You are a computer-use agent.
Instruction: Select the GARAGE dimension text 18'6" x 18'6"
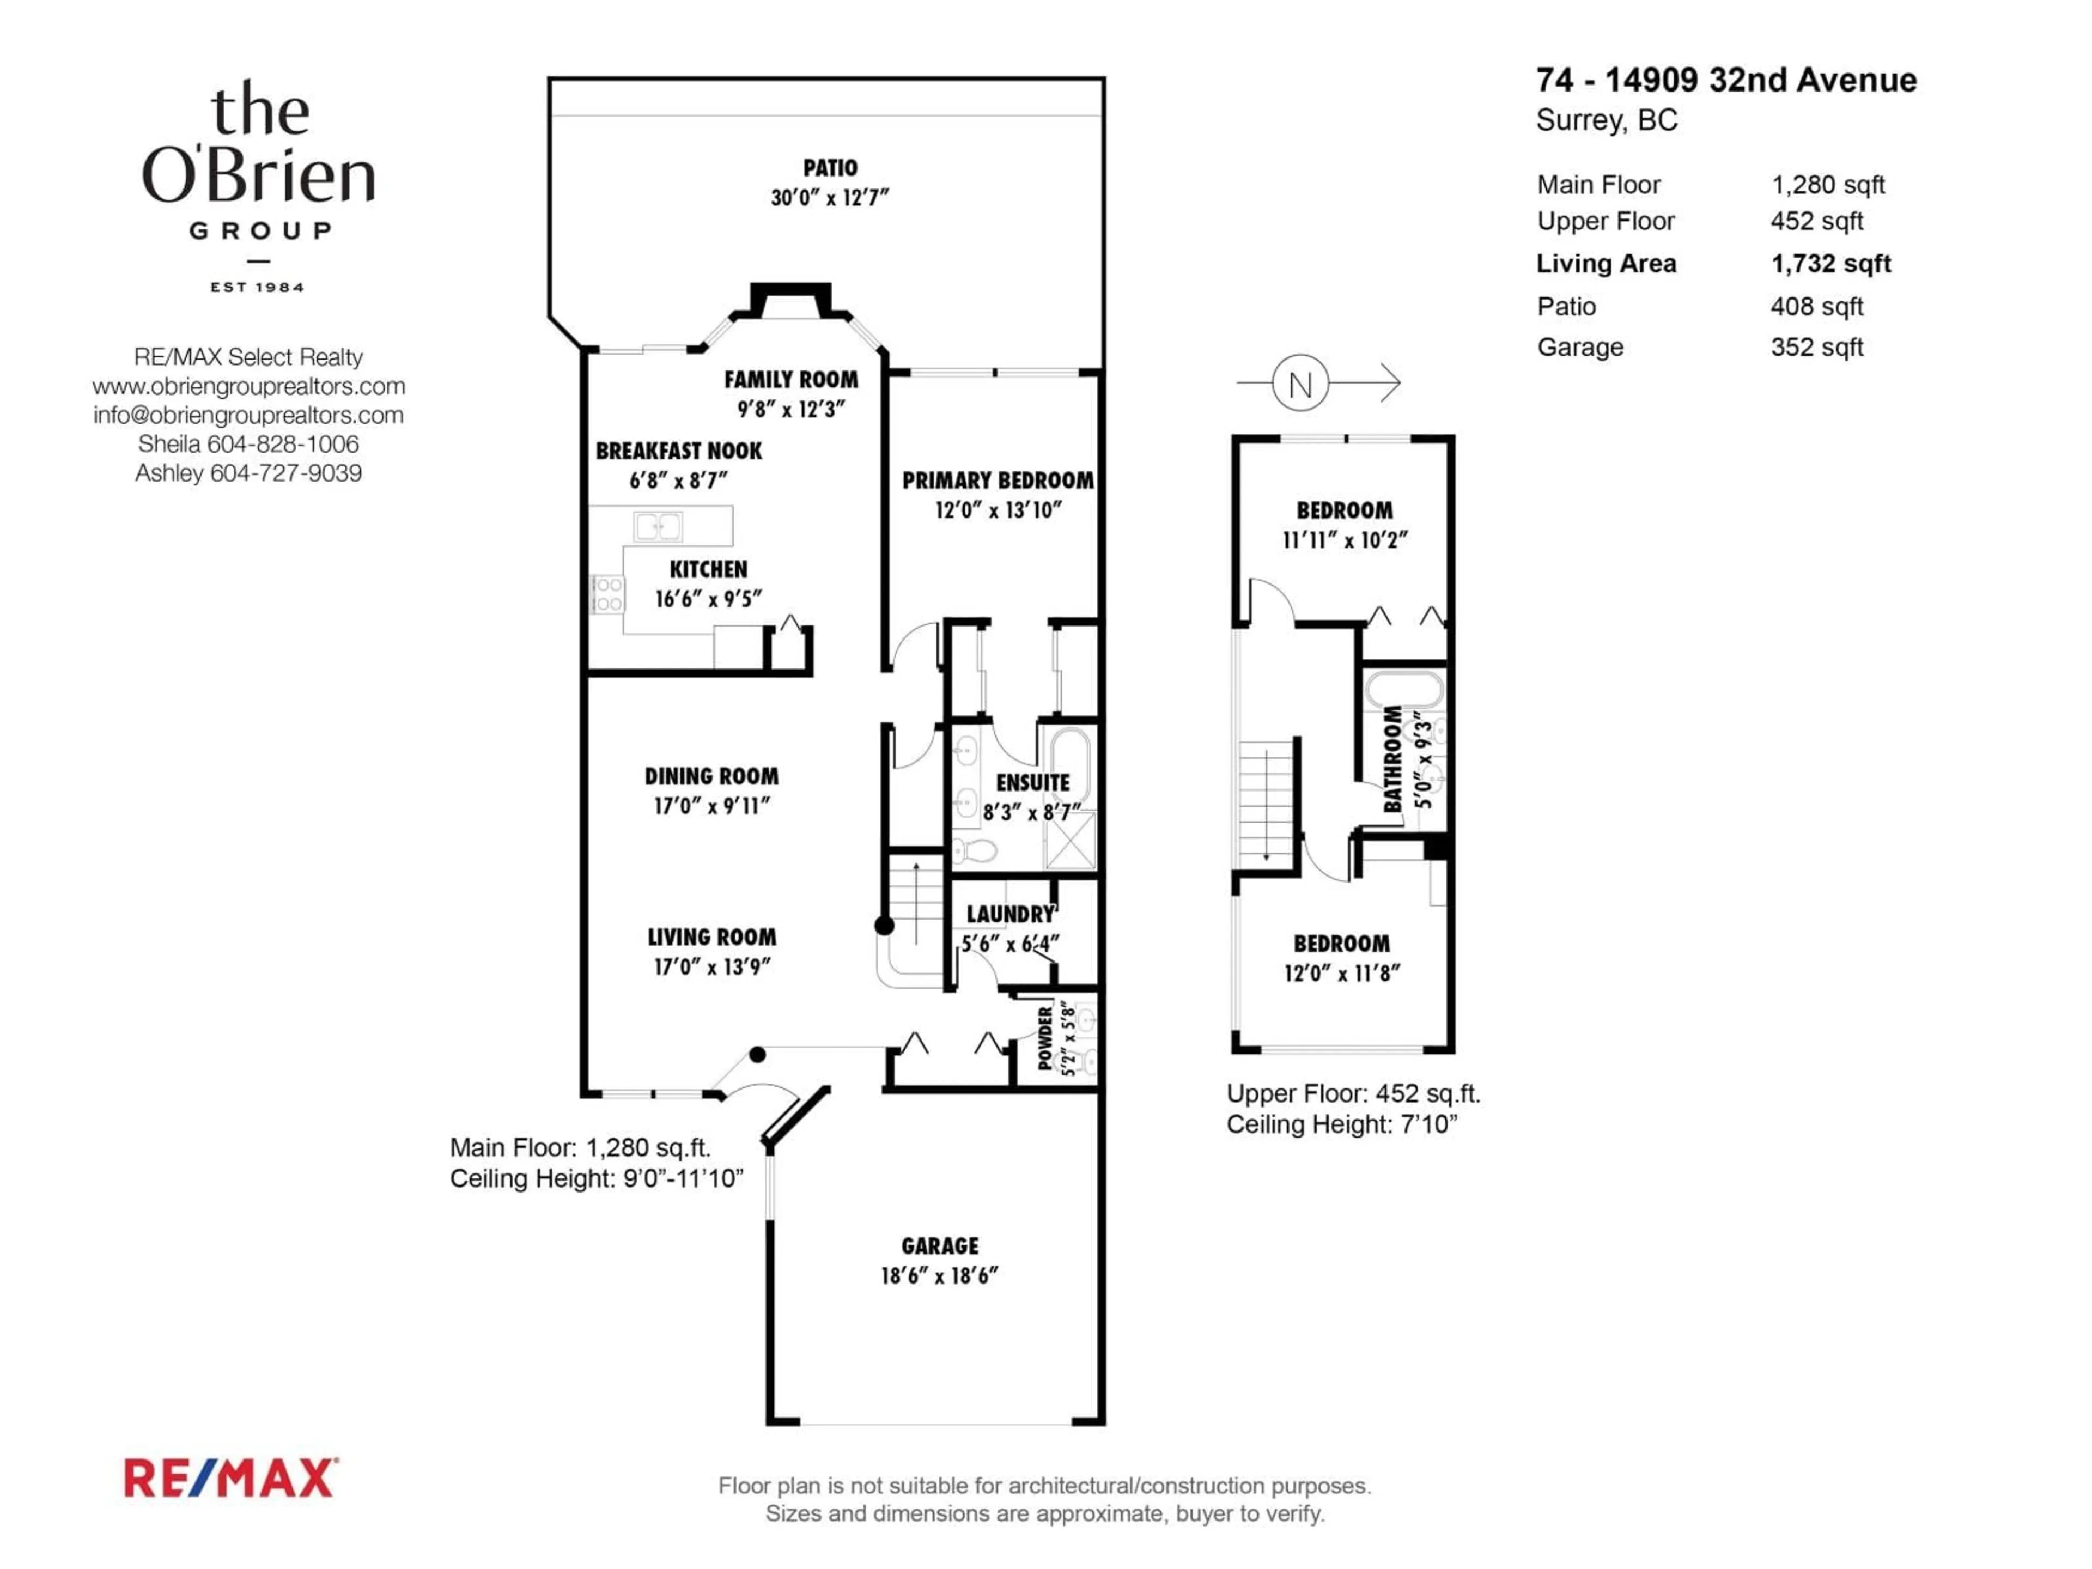(939, 1276)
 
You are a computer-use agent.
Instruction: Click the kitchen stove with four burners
(607, 594)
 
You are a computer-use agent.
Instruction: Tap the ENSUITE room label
(1032, 783)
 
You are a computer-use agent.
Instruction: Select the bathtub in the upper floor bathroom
(1403, 690)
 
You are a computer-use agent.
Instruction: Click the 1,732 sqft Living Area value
(1830, 264)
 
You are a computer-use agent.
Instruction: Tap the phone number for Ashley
(285, 473)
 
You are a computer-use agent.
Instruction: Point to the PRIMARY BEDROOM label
(997, 481)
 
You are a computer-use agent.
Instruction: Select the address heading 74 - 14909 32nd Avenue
(1726, 81)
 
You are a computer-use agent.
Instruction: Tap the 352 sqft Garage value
(1816, 347)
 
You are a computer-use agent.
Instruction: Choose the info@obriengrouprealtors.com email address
(248, 415)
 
